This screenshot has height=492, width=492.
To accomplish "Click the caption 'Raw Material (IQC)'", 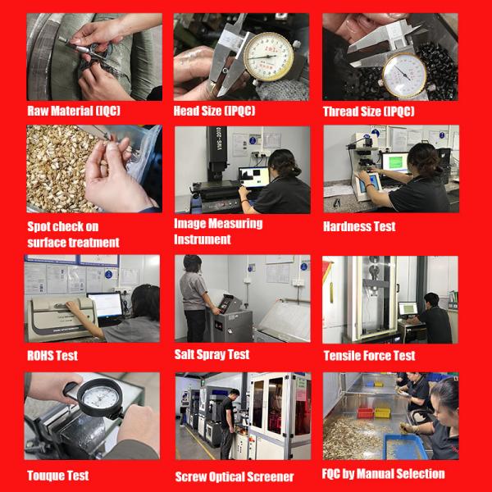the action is [x=74, y=111].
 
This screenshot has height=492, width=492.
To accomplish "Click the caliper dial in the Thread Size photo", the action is [x=404, y=75].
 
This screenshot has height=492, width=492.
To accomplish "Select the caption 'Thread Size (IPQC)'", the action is [x=369, y=112].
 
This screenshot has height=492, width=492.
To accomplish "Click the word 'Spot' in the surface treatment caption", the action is [x=39, y=226].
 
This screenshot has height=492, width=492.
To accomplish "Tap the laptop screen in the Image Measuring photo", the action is [x=254, y=177].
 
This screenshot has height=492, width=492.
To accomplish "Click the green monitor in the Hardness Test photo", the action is [x=395, y=162].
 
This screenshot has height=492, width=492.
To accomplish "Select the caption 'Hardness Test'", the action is [x=359, y=226].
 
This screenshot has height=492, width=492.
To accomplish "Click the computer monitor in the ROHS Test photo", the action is [x=105, y=305].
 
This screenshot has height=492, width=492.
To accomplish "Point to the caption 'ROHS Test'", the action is [x=52, y=356].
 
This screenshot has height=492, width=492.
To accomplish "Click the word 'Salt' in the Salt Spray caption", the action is [x=184, y=354].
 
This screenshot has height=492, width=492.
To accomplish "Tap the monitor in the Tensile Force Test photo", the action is [x=408, y=309].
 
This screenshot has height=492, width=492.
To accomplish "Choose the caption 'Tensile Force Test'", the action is [x=369, y=356].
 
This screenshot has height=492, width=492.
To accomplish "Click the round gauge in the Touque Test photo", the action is [x=100, y=398].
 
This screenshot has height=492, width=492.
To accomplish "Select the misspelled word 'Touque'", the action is [x=43, y=476].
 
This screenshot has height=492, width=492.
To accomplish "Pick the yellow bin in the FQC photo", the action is [x=382, y=412].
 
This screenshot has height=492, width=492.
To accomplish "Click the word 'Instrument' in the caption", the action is [x=203, y=239].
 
